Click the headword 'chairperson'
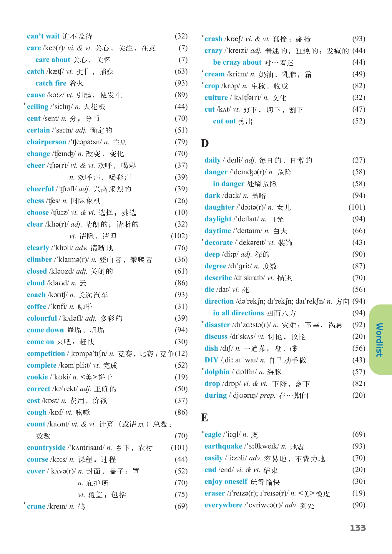coord(46,142)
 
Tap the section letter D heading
coord(205,143)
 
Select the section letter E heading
coord(205,417)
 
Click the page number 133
coord(358,528)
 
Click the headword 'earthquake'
coord(223,446)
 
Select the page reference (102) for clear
coord(179,236)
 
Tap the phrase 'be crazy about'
coord(237,62)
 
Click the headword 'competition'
coord(46,354)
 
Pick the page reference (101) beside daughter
coord(357,207)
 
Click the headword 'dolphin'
coord(217,372)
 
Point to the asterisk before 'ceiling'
coord(25,104)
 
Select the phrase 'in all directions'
coord(238,313)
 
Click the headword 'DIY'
coord(211,360)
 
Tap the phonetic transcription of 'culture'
coord(245,98)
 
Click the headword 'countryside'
coord(46,448)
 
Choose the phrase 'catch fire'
coord(51,83)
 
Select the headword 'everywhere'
coord(223,505)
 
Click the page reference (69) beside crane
coord(181,506)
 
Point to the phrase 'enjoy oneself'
coord(226,481)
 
